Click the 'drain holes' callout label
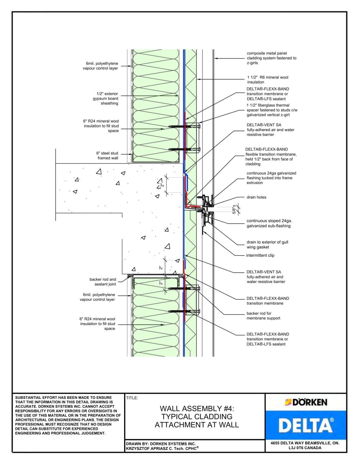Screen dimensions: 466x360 pyautogui.click(x=256, y=197)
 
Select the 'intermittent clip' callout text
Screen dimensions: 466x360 pyautogui.click(x=260, y=255)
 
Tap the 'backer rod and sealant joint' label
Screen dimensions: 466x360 pyautogui.click(x=103, y=282)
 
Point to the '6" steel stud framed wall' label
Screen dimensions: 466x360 pyautogui.click(x=107, y=156)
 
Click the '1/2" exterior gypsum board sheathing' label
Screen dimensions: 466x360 pyautogui.click(x=106, y=99)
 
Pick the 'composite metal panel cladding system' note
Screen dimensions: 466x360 pyautogui.click(x=271, y=58)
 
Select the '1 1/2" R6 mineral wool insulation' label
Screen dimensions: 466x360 pyautogui.click(x=267, y=80)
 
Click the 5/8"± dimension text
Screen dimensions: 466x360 pyautogui.click(x=234, y=209)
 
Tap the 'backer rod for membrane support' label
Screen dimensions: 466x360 pyautogui.click(x=263, y=316)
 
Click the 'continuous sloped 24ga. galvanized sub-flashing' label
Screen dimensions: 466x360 pyautogui.click(x=269, y=223)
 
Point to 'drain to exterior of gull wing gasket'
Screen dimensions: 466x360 pyautogui.click(x=267, y=245)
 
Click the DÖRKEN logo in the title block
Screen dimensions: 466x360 pyautogui.click(x=306, y=402)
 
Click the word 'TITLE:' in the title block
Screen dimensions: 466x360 pyautogui.click(x=132, y=398)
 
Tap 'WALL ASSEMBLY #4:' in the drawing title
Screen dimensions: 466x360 pyautogui.click(x=197, y=409)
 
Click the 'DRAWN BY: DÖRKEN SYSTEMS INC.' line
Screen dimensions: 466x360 pyautogui.click(x=161, y=444)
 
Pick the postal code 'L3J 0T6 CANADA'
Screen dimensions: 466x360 pyautogui.click(x=305, y=448)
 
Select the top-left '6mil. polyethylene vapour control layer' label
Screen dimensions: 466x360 pyautogui.click(x=100, y=66)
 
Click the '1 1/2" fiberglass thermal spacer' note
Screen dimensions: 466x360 pyautogui.click(x=272, y=110)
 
